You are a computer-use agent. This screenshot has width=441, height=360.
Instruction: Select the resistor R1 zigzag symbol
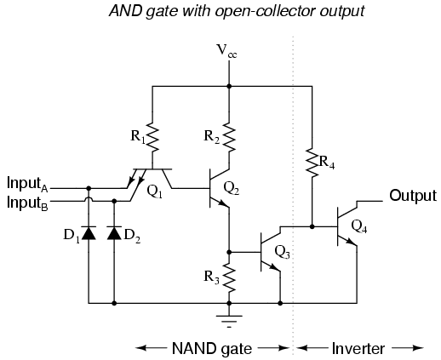(152, 134)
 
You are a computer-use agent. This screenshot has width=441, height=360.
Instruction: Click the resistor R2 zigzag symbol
(229, 134)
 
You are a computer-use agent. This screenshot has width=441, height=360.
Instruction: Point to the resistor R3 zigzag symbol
(229, 277)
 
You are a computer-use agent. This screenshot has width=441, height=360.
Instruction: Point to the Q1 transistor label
(155, 191)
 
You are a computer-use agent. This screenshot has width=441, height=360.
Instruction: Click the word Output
(413, 196)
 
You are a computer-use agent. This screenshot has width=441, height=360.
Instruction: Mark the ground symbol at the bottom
(229, 318)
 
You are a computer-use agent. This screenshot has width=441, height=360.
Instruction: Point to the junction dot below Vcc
(229, 85)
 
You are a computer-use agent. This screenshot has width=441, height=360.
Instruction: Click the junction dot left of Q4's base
(312, 226)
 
